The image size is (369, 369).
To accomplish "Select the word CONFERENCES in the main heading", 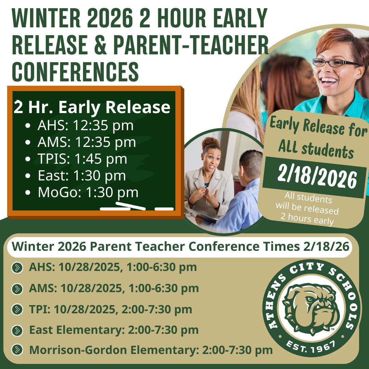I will click(76, 70).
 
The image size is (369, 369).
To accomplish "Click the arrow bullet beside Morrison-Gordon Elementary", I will click(17, 350).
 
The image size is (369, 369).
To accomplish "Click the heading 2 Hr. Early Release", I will click(92, 107).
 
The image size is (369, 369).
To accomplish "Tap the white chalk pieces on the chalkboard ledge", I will click(137, 207).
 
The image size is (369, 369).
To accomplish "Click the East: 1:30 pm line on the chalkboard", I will click(82, 176).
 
